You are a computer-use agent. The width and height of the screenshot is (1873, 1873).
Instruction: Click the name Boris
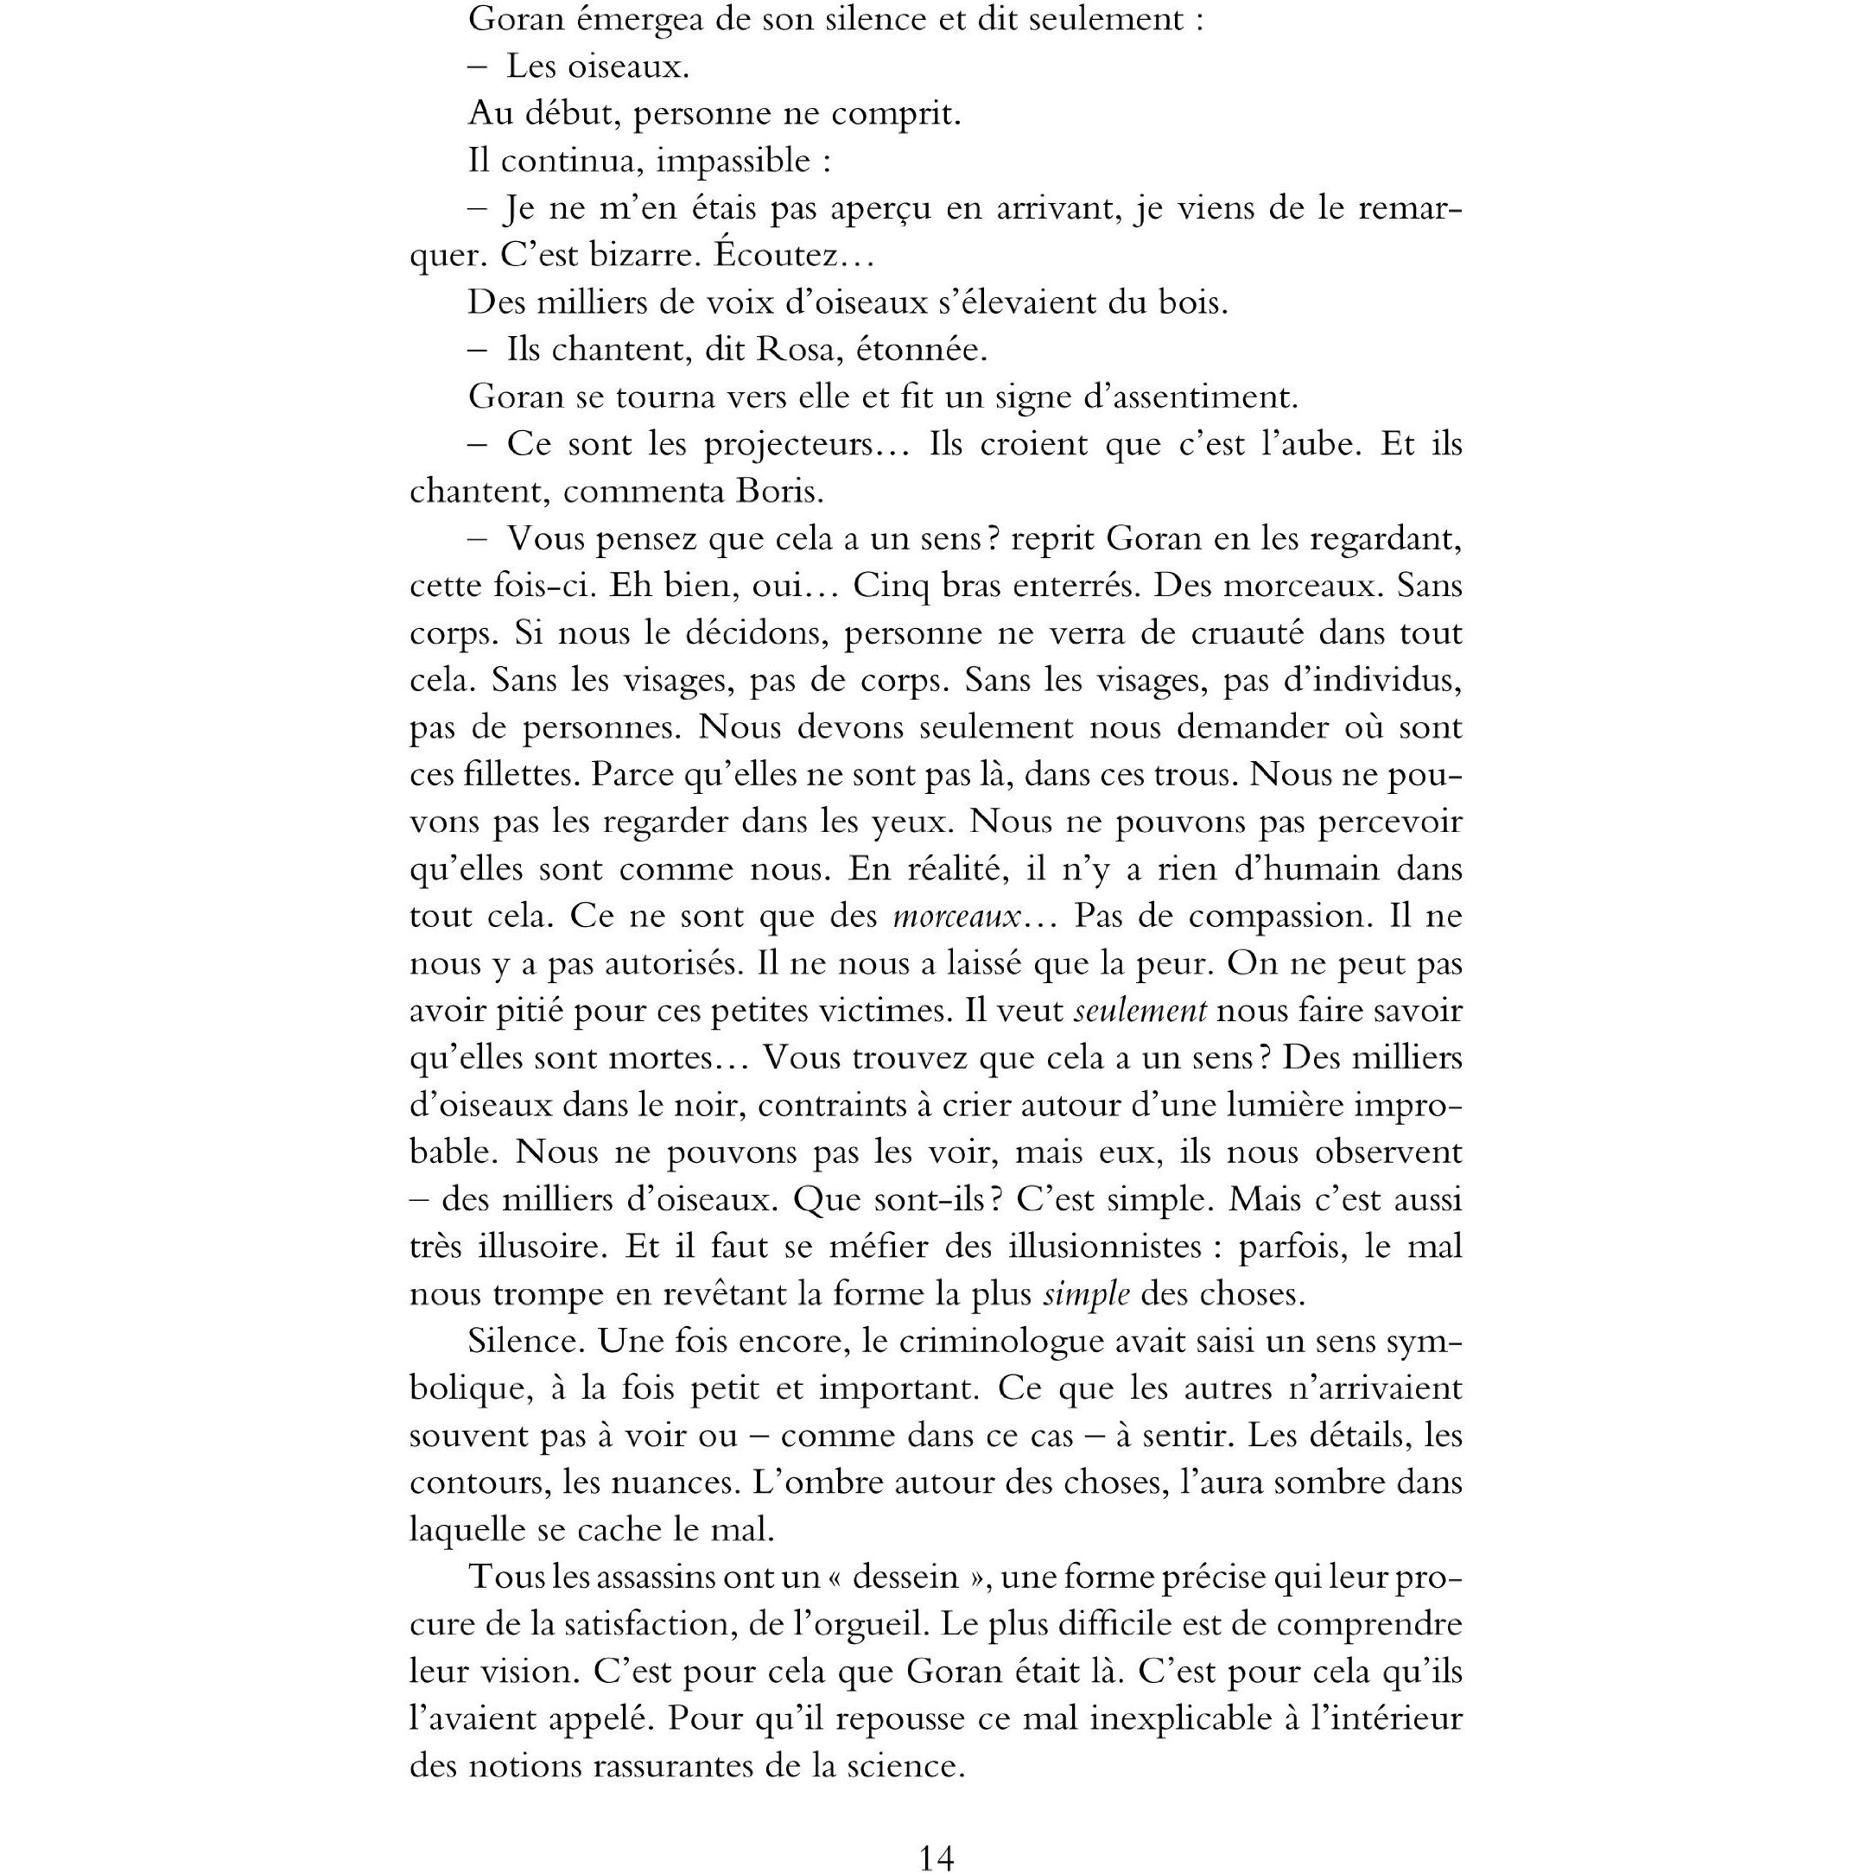[778, 492]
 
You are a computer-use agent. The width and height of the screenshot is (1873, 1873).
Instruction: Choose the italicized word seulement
[1141, 1011]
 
